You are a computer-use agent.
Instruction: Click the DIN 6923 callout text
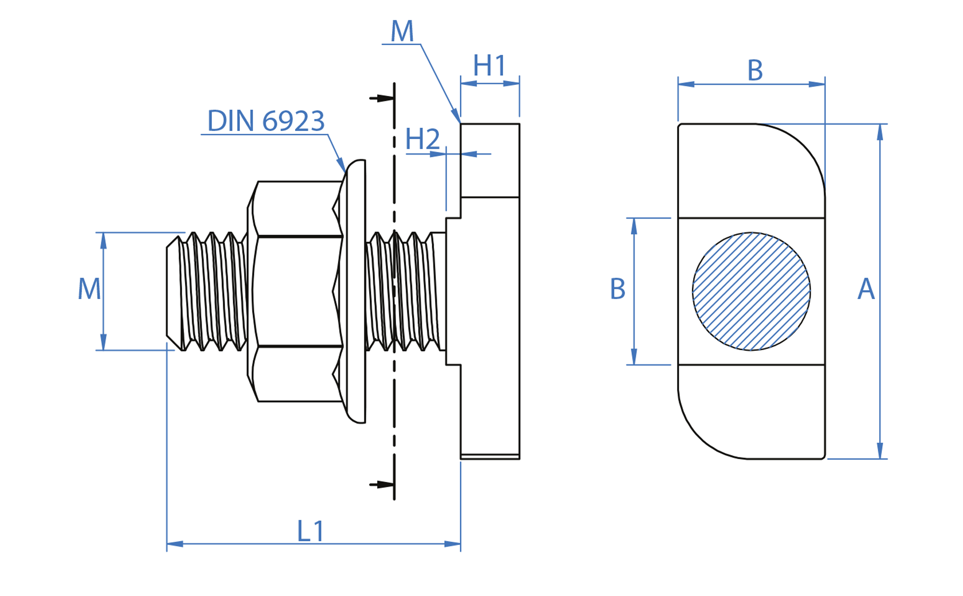[266, 121]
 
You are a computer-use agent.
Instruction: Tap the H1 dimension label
[489, 66]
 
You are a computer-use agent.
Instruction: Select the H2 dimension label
[422, 140]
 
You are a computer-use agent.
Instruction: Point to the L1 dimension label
[311, 531]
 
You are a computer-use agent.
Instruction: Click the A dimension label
[865, 289]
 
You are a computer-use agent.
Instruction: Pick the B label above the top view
[755, 70]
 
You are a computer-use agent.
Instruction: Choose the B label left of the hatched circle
[618, 289]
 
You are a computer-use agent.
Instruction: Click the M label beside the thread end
[89, 289]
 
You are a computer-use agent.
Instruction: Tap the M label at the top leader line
[402, 32]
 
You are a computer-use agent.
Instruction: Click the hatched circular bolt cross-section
[751, 292]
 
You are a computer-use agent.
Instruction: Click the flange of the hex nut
[355, 292]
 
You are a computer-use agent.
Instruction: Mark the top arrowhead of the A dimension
[880, 132]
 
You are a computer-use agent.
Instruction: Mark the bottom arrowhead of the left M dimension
[104, 342]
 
